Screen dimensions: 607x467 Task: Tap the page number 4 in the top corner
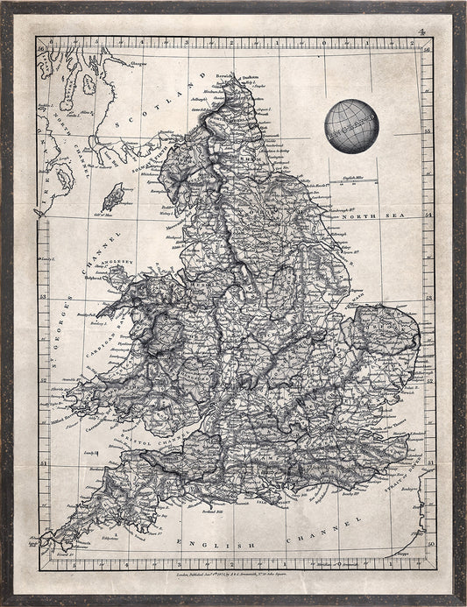(421, 32)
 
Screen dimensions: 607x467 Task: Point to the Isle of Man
(113, 196)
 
